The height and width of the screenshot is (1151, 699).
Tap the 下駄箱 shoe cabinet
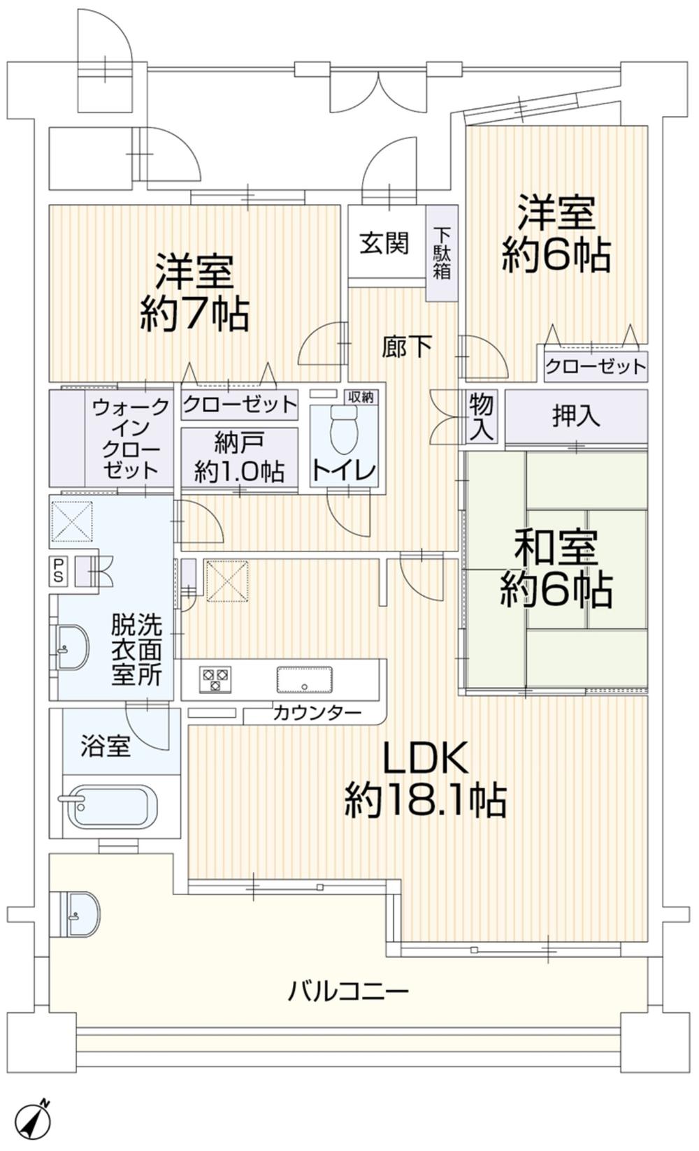(442, 253)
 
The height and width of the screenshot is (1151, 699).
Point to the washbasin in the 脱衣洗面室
(71, 646)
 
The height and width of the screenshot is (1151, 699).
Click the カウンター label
(317, 714)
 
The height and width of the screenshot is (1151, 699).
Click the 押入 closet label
(576, 417)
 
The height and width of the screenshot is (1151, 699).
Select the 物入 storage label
(481, 416)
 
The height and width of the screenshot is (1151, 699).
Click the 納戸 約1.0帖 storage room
(239, 458)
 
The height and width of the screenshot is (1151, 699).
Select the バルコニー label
(348, 990)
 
